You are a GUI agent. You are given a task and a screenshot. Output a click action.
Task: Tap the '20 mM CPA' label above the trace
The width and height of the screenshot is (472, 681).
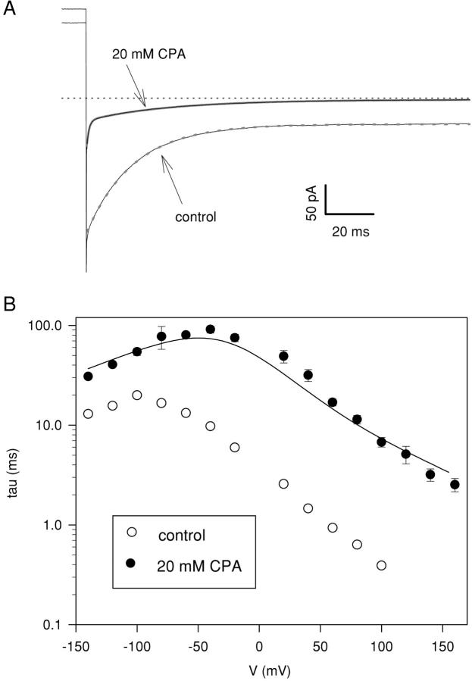(x=144, y=54)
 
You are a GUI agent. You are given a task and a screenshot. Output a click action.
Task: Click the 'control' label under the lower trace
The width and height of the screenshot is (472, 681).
(x=195, y=217)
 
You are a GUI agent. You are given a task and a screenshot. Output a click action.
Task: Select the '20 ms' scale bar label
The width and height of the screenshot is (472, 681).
(x=351, y=232)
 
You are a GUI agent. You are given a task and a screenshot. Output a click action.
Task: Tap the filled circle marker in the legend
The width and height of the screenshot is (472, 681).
(x=132, y=563)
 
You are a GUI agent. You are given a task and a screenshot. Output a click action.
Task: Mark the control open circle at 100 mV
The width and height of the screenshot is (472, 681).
(x=381, y=565)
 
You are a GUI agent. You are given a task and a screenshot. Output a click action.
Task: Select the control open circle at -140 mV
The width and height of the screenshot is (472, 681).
(x=89, y=414)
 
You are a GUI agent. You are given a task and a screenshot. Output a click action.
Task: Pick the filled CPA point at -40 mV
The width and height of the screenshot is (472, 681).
(x=211, y=330)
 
